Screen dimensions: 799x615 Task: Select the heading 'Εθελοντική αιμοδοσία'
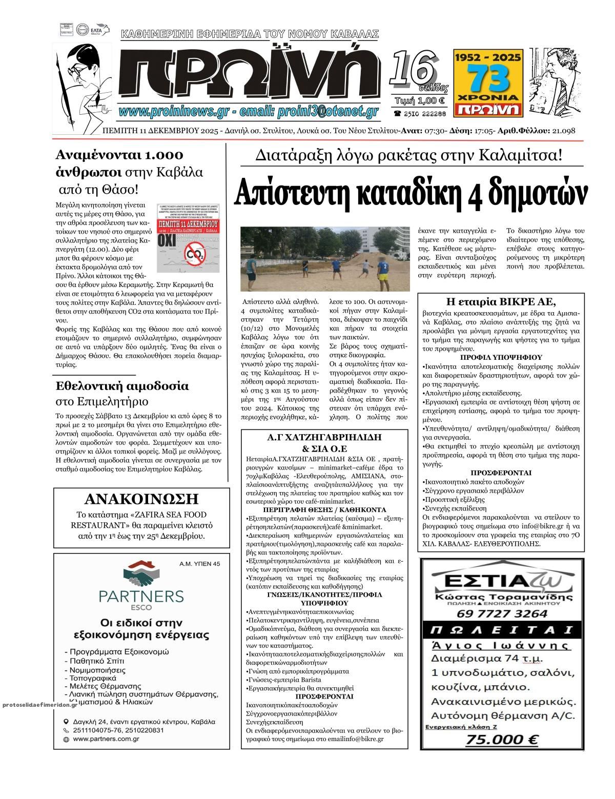click(122, 385)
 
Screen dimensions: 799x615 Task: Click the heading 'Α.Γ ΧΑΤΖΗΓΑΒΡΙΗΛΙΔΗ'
click(325, 437)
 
